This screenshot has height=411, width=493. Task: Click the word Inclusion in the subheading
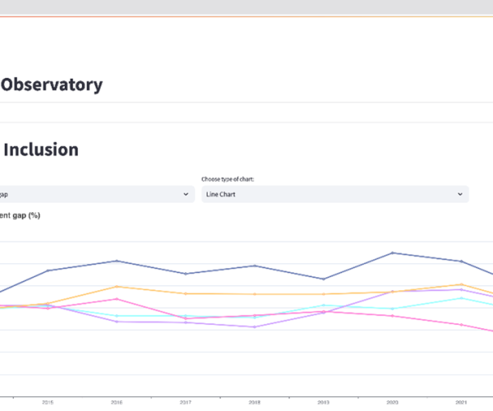pyautogui.click(x=42, y=150)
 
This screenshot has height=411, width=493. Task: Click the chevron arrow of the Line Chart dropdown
pyautogui.click(x=459, y=195)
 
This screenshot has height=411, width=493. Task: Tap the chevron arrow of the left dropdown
pyautogui.click(x=185, y=195)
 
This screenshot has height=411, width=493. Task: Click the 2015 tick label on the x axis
pyautogui.click(x=48, y=402)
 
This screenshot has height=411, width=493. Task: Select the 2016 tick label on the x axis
pyautogui.click(x=117, y=402)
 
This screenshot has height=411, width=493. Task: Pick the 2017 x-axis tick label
pyautogui.click(x=186, y=402)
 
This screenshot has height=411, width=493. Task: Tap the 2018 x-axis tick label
pyautogui.click(x=255, y=402)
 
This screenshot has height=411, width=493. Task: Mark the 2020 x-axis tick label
pyautogui.click(x=393, y=402)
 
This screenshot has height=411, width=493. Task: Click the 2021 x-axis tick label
pyautogui.click(x=462, y=402)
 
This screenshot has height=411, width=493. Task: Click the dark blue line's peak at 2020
pyautogui.click(x=393, y=252)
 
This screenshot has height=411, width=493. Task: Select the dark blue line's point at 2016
pyautogui.click(x=117, y=261)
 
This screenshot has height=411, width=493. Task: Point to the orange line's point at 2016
pyautogui.click(x=117, y=286)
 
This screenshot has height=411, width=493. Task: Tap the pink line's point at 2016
pyautogui.click(x=117, y=299)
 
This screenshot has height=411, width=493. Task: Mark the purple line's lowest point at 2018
pyautogui.click(x=255, y=327)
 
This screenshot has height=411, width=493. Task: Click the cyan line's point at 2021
pyautogui.click(x=462, y=298)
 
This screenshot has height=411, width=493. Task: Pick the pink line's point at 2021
pyautogui.click(x=462, y=324)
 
